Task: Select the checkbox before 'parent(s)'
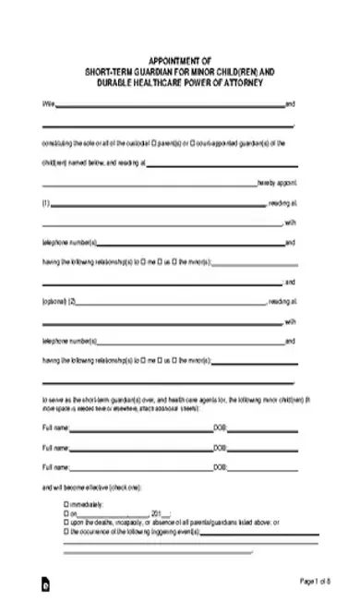pos(154,143)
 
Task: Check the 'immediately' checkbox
pos(66,503)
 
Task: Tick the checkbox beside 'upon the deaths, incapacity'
pos(66,522)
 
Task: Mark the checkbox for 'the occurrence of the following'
pos(66,530)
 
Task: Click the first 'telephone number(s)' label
pos(70,243)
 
